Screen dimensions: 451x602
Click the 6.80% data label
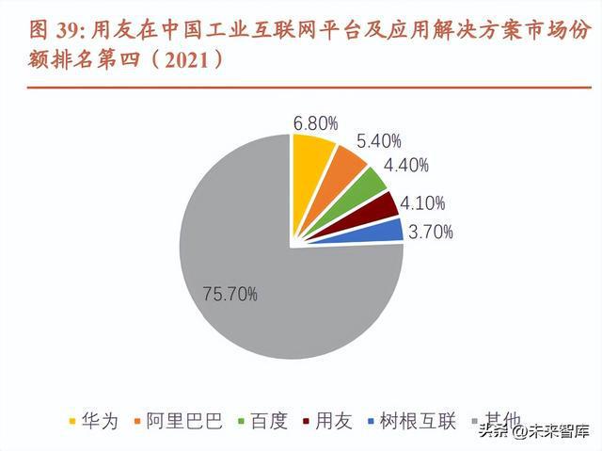click(315, 122)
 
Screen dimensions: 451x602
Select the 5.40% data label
click(380, 141)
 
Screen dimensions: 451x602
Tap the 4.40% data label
click(407, 166)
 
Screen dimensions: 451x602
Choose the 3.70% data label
click(430, 231)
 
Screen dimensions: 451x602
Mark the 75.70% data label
click(230, 295)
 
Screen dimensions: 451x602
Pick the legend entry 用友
click(326, 421)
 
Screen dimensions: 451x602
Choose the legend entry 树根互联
click(411, 421)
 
